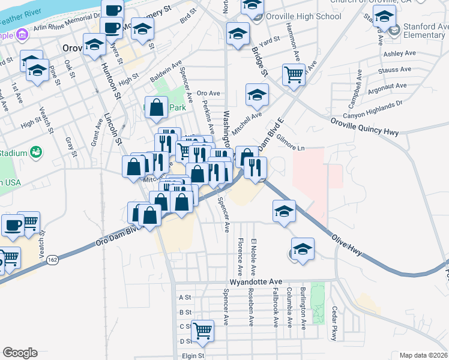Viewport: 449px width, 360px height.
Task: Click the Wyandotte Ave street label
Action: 256,281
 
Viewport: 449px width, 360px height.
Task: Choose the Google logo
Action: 20,352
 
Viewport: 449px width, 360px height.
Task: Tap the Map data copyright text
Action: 424,355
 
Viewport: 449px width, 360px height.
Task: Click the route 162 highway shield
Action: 53,260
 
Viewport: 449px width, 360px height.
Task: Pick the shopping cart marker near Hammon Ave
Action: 294,75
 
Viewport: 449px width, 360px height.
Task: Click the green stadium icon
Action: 35,152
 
